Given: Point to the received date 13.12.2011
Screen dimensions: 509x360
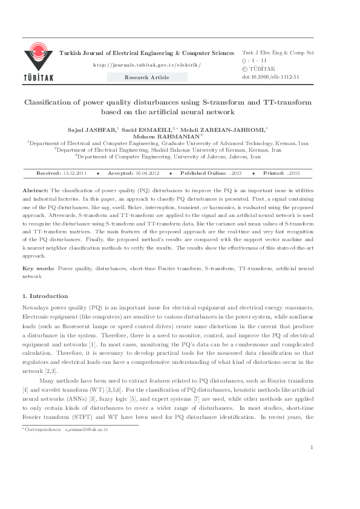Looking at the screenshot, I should click(x=75, y=173).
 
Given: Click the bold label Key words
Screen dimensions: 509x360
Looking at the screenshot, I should click(x=38, y=267).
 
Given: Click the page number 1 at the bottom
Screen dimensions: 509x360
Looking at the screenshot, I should click(x=311, y=481).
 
